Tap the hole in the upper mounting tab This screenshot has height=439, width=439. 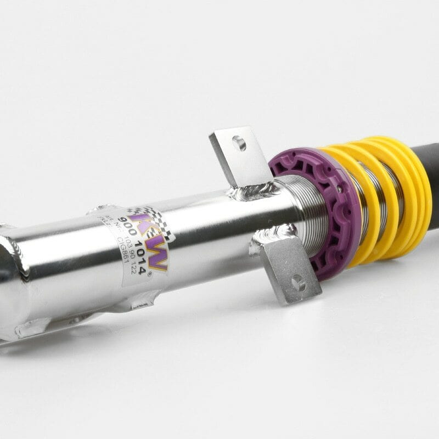point(239,144)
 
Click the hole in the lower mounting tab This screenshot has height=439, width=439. point(297,283)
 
